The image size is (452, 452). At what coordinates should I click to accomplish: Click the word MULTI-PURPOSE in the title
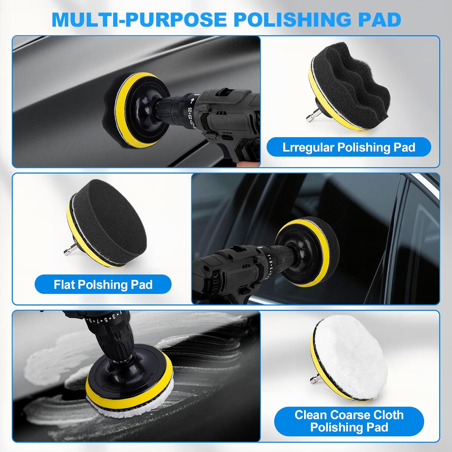click(x=139, y=20)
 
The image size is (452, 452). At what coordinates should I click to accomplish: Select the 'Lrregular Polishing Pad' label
click(x=349, y=147)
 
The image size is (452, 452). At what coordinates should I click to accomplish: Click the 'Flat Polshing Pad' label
click(x=103, y=284)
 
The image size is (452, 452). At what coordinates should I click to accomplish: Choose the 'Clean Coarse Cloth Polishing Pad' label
click(x=349, y=421)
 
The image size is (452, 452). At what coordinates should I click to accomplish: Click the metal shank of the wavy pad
click(x=311, y=118)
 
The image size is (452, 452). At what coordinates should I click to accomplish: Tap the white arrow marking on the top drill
click(x=193, y=99)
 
